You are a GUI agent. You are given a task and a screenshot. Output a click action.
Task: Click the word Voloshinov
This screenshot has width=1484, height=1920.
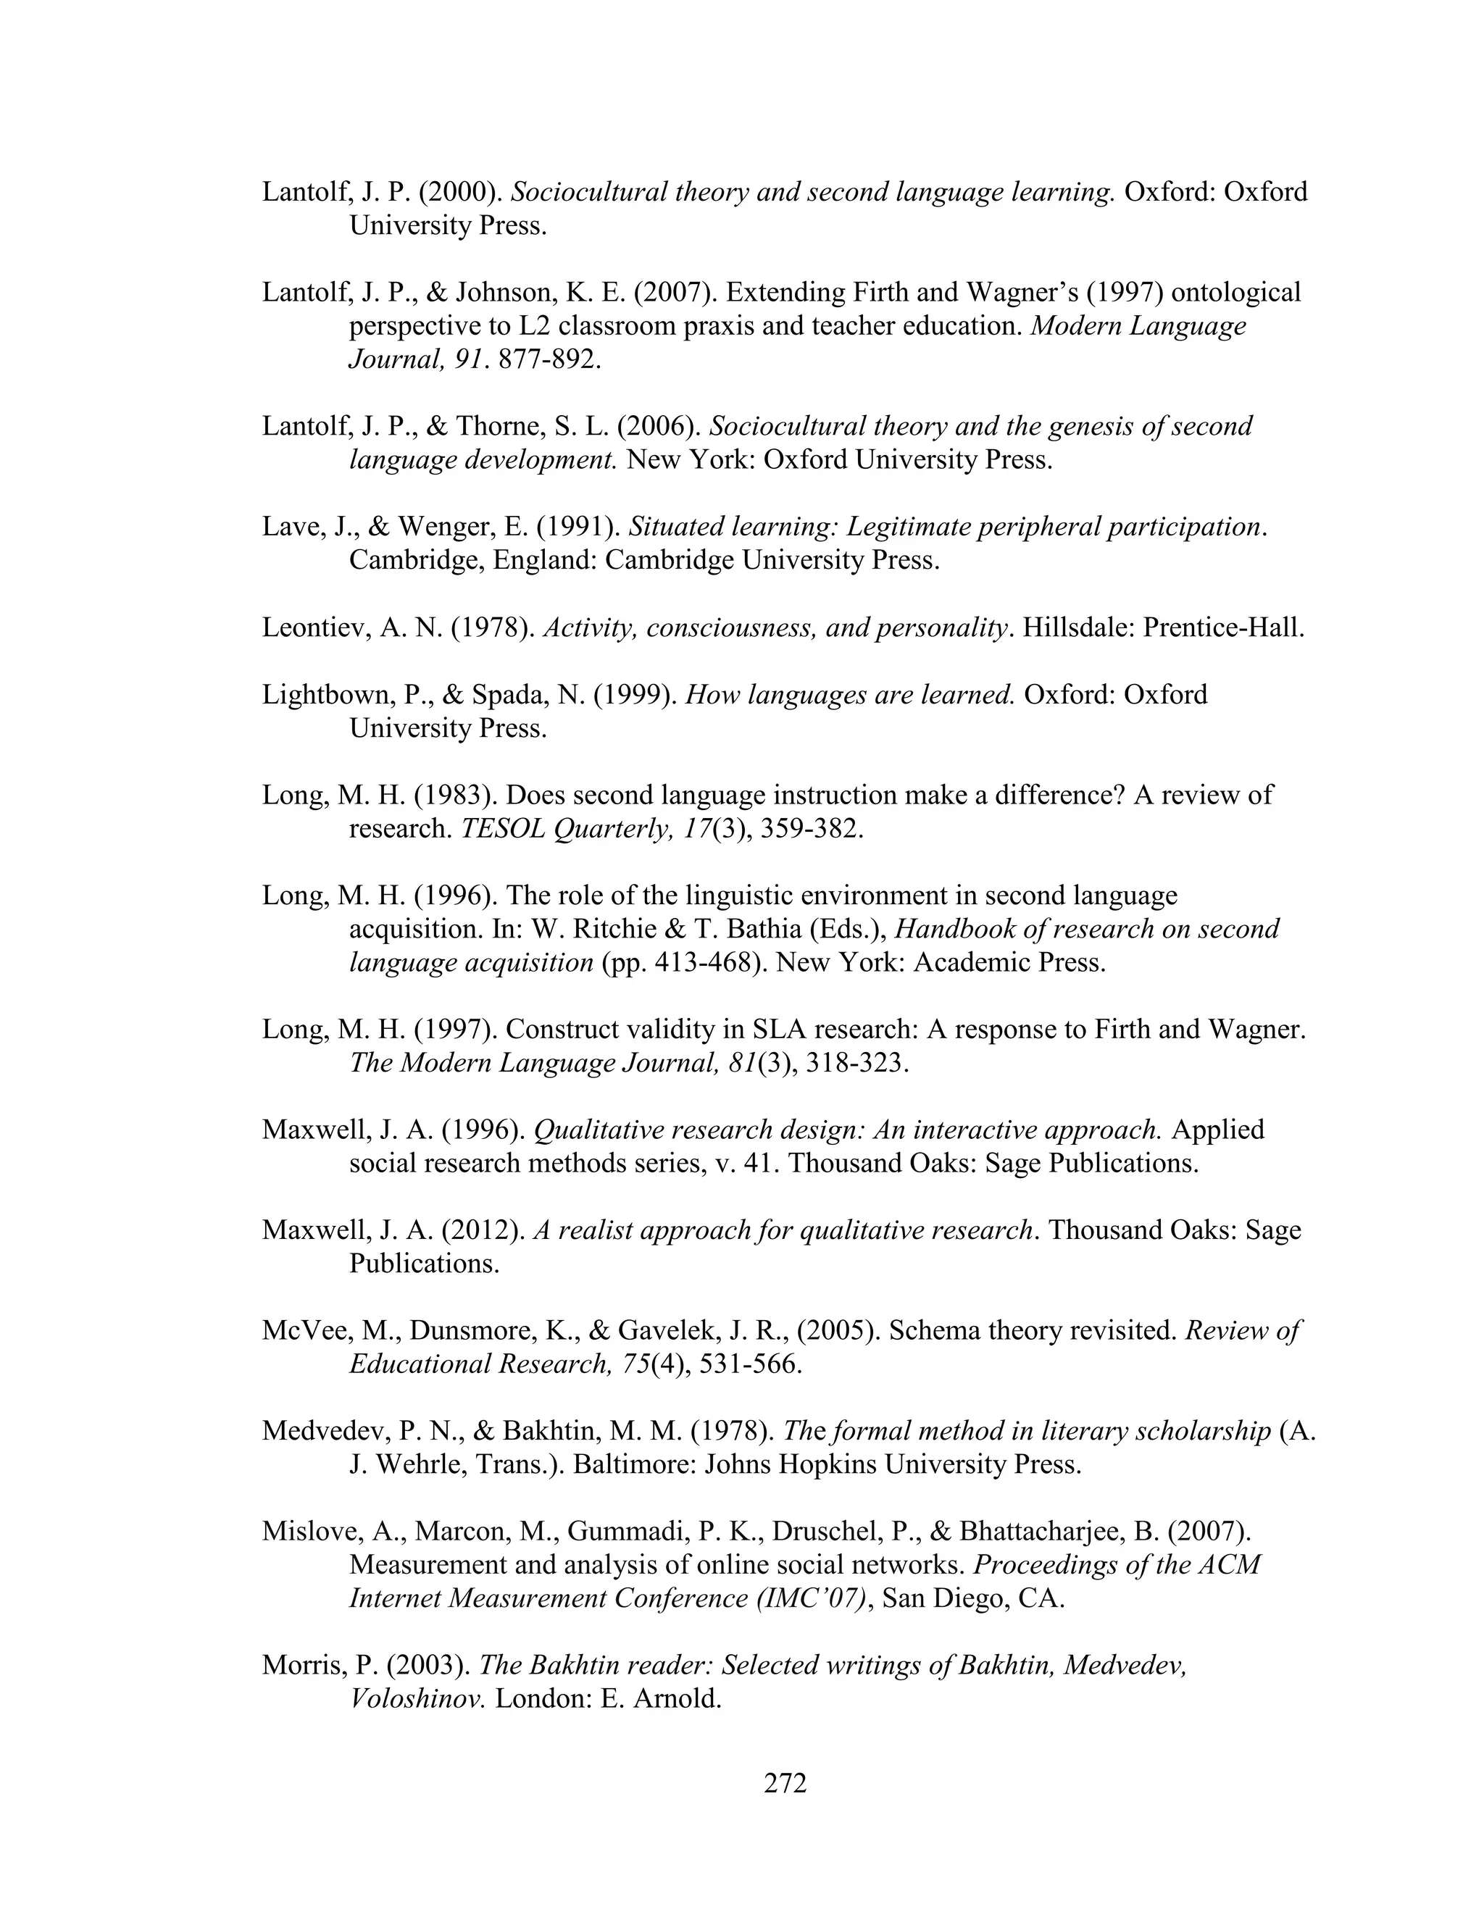point(417,1698)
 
